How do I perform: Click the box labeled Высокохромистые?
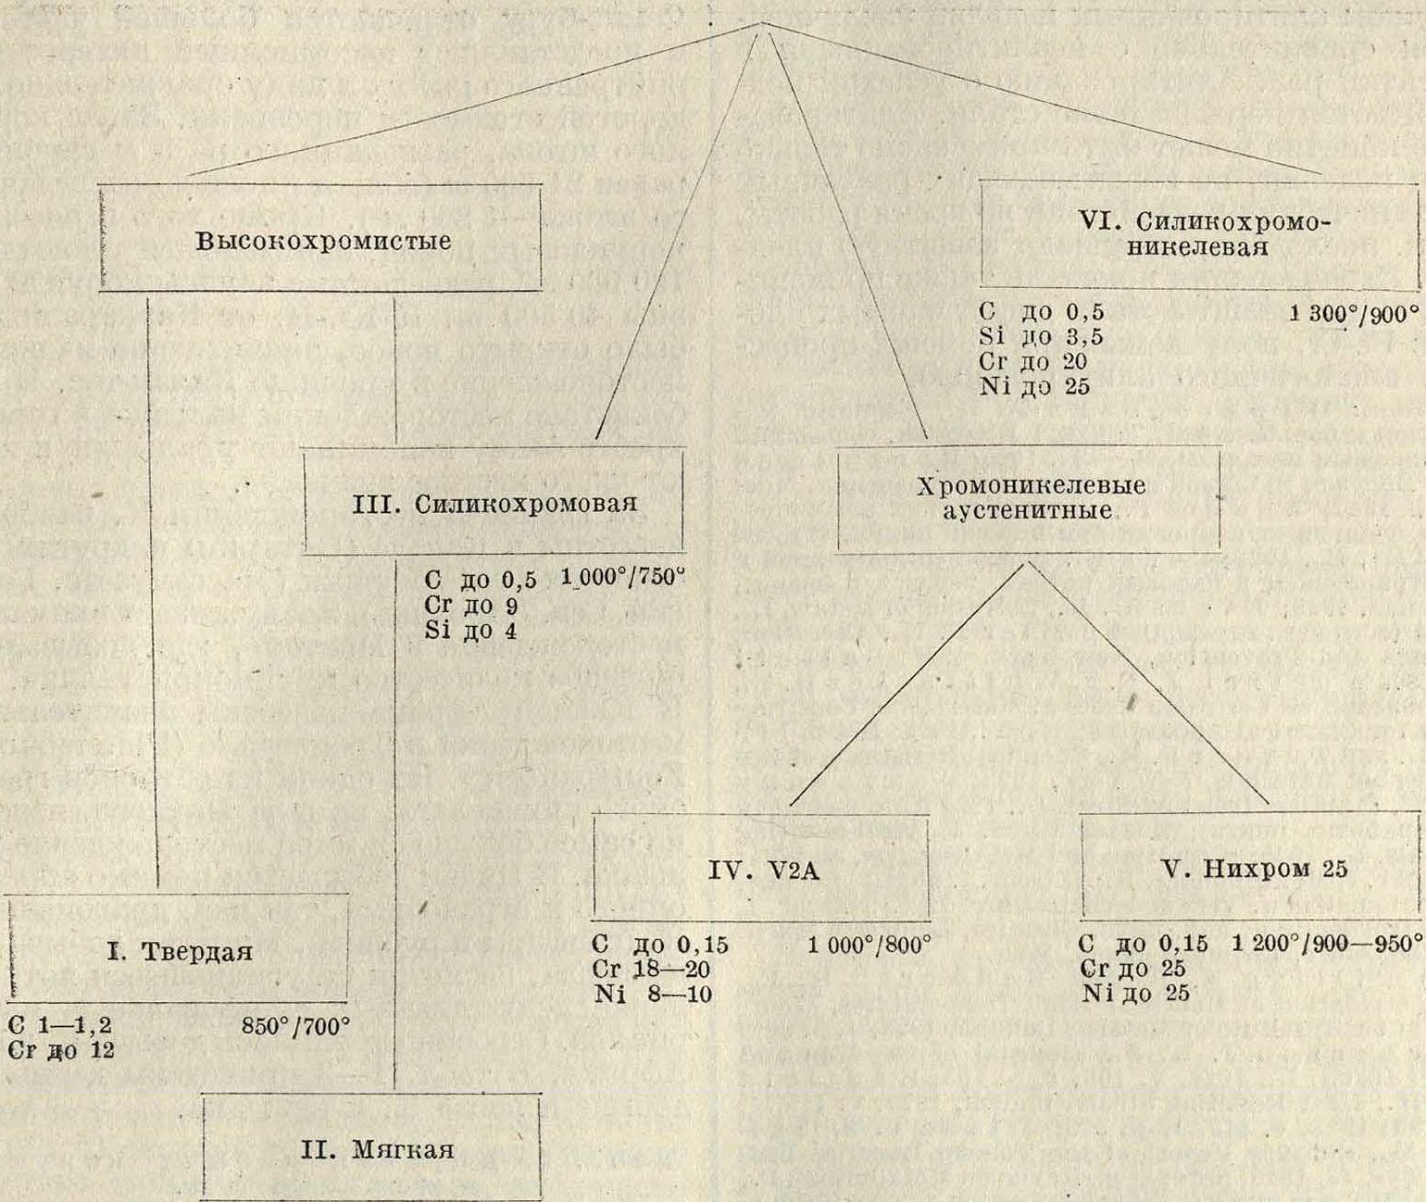click(320, 239)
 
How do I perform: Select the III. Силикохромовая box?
click(494, 502)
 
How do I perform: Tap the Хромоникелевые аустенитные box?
click(1029, 500)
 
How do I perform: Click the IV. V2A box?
click(760, 869)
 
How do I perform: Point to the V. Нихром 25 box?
click(1251, 869)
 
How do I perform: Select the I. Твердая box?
click(180, 950)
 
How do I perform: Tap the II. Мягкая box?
click(370, 1150)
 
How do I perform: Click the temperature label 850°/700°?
click(294, 1026)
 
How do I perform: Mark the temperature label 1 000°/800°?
click(868, 945)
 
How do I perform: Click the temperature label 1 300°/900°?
click(1353, 313)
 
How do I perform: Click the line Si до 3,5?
click(1041, 337)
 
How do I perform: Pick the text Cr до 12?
click(60, 1050)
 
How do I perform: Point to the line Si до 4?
click(470, 632)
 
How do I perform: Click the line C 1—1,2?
click(60, 1026)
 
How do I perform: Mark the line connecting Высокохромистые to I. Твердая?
click(152, 593)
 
